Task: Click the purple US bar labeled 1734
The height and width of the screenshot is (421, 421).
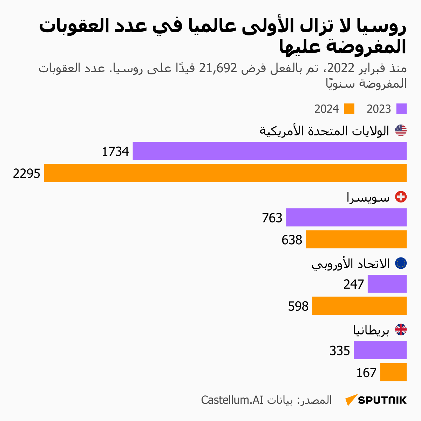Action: (269, 151)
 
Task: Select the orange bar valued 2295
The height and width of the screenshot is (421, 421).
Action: (225, 173)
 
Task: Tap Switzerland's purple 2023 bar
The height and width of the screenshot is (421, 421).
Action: (346, 218)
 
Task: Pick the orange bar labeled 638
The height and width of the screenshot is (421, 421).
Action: (356, 239)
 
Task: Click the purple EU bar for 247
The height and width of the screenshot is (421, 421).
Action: (387, 284)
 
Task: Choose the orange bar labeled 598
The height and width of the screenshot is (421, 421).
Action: (359, 306)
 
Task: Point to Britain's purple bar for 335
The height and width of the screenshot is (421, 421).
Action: (380, 350)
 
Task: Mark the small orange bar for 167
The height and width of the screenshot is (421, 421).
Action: (393, 372)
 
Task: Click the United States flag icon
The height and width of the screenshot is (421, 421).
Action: (401, 131)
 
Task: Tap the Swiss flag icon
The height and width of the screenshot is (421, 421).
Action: (401, 197)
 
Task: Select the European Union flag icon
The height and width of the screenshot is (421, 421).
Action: (401, 263)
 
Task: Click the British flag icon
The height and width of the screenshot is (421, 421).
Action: (401, 330)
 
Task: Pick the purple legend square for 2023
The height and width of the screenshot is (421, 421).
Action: (401, 109)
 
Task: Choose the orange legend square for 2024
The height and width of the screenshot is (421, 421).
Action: (349, 109)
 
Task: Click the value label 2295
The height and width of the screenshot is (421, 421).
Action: (27, 173)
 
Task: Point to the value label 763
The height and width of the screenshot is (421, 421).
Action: (272, 218)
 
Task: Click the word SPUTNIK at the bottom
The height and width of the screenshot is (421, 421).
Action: (382, 400)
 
